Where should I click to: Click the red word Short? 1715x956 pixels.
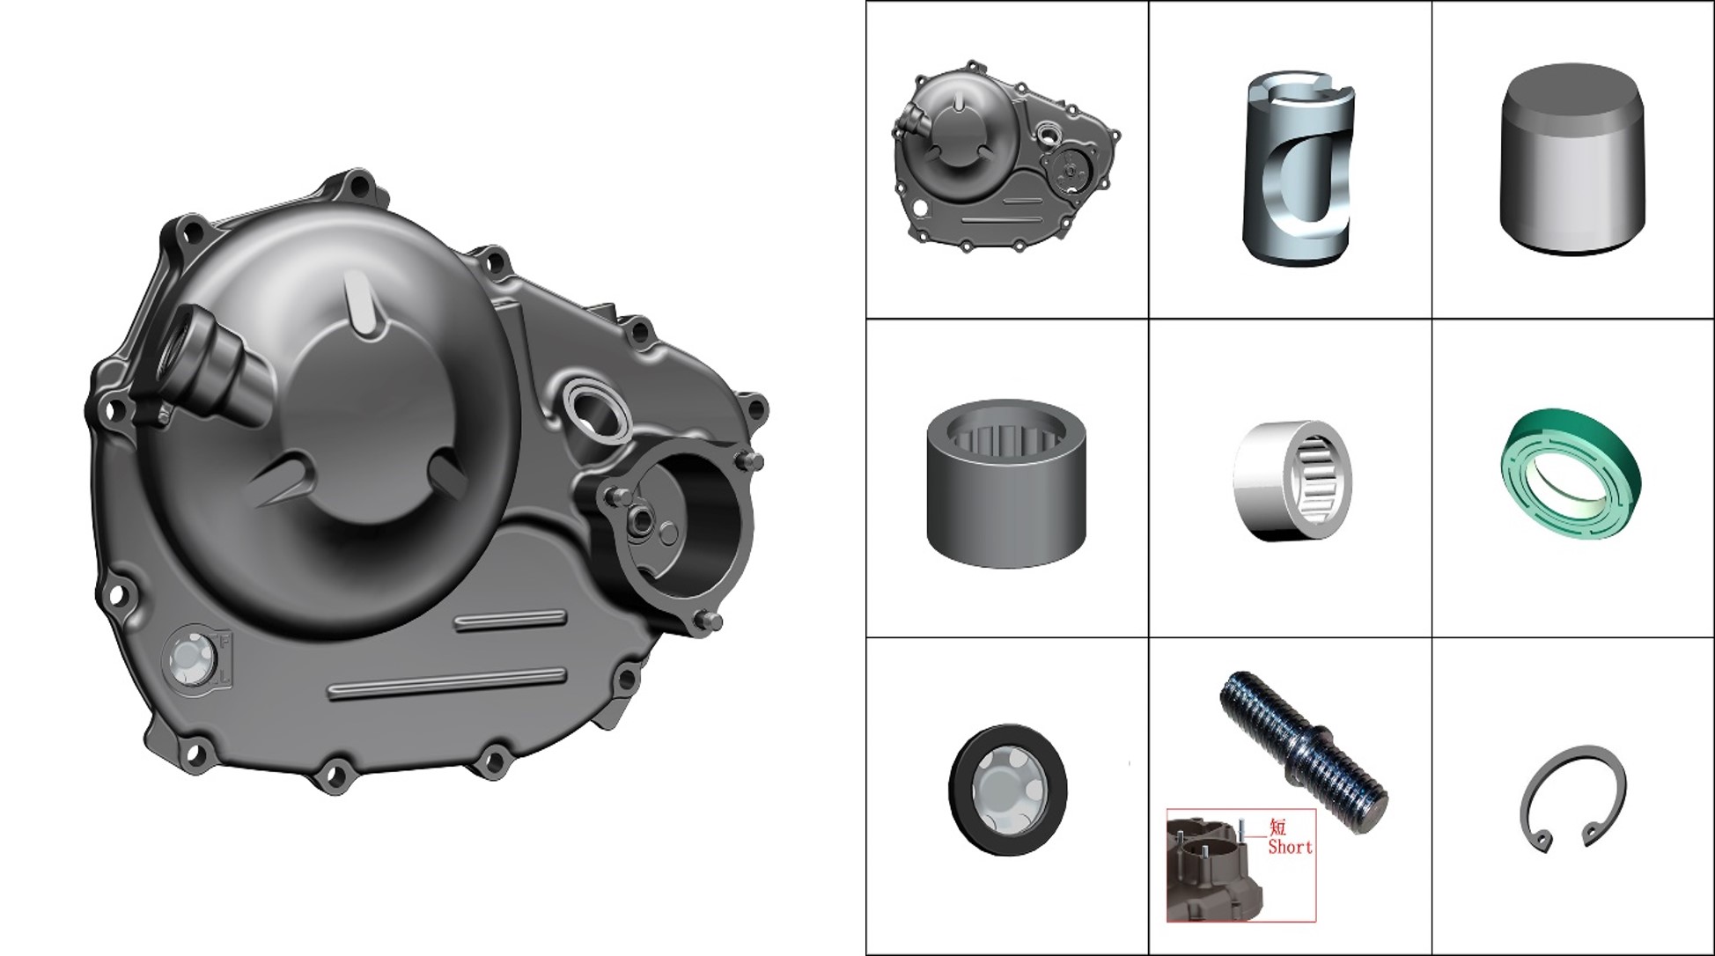[x=1290, y=847]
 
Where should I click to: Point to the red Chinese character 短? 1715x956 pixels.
[x=1277, y=827]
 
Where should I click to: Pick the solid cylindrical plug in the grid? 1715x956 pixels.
[x=1571, y=158]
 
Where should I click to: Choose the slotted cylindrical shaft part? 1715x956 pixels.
[x=1299, y=167]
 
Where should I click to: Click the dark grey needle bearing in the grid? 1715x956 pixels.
[x=1006, y=482]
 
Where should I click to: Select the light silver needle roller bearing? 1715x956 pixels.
[x=1292, y=480]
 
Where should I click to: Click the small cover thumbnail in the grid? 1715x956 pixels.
[x=1005, y=158]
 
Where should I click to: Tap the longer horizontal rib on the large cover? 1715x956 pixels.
[x=446, y=684]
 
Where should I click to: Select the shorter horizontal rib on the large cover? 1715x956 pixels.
[x=510, y=619]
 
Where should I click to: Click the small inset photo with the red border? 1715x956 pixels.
[x=1241, y=865]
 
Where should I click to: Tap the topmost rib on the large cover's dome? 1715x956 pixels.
[x=364, y=302]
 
